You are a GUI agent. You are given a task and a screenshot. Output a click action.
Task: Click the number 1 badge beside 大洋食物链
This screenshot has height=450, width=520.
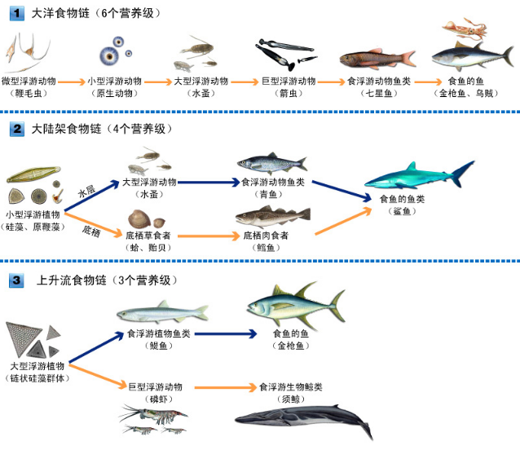[15, 13]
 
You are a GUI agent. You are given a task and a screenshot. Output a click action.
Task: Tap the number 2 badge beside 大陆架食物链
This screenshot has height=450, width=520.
[15, 129]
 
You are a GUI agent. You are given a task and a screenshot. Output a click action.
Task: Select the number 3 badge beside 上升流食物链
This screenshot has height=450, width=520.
[15, 280]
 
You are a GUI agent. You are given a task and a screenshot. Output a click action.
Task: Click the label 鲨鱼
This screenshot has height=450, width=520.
[401, 211]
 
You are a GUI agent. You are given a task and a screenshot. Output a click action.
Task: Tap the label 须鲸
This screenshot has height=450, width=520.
[291, 399]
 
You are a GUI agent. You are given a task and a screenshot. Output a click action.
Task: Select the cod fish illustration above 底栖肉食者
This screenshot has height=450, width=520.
[272, 217]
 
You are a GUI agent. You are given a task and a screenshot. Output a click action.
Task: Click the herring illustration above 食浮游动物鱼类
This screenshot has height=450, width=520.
[271, 163]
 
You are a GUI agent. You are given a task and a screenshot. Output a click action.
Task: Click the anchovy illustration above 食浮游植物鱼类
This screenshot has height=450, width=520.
[162, 312]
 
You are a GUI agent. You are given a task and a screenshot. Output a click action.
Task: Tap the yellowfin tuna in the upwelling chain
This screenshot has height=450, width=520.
[284, 307]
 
